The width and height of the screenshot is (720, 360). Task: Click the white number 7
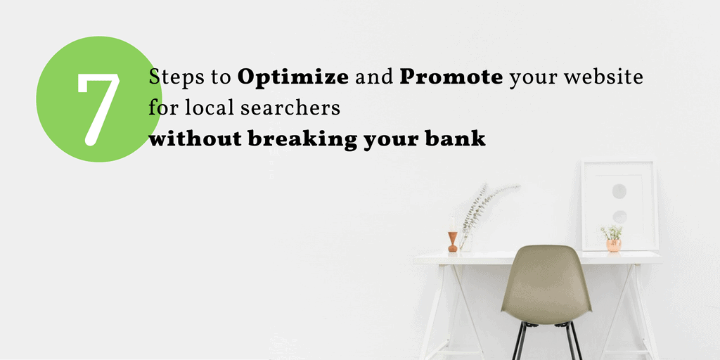[98, 109]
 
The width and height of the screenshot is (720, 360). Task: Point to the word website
[603, 77]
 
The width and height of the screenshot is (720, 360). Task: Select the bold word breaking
[302, 139]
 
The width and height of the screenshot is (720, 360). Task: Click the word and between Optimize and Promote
[374, 78]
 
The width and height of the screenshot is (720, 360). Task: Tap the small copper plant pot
[613, 245]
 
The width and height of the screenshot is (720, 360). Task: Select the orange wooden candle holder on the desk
[453, 242]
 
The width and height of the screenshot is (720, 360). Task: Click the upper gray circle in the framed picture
[619, 191]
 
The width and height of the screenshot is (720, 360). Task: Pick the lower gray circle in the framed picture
[620, 217]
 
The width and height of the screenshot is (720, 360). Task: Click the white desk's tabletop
[537, 257]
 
